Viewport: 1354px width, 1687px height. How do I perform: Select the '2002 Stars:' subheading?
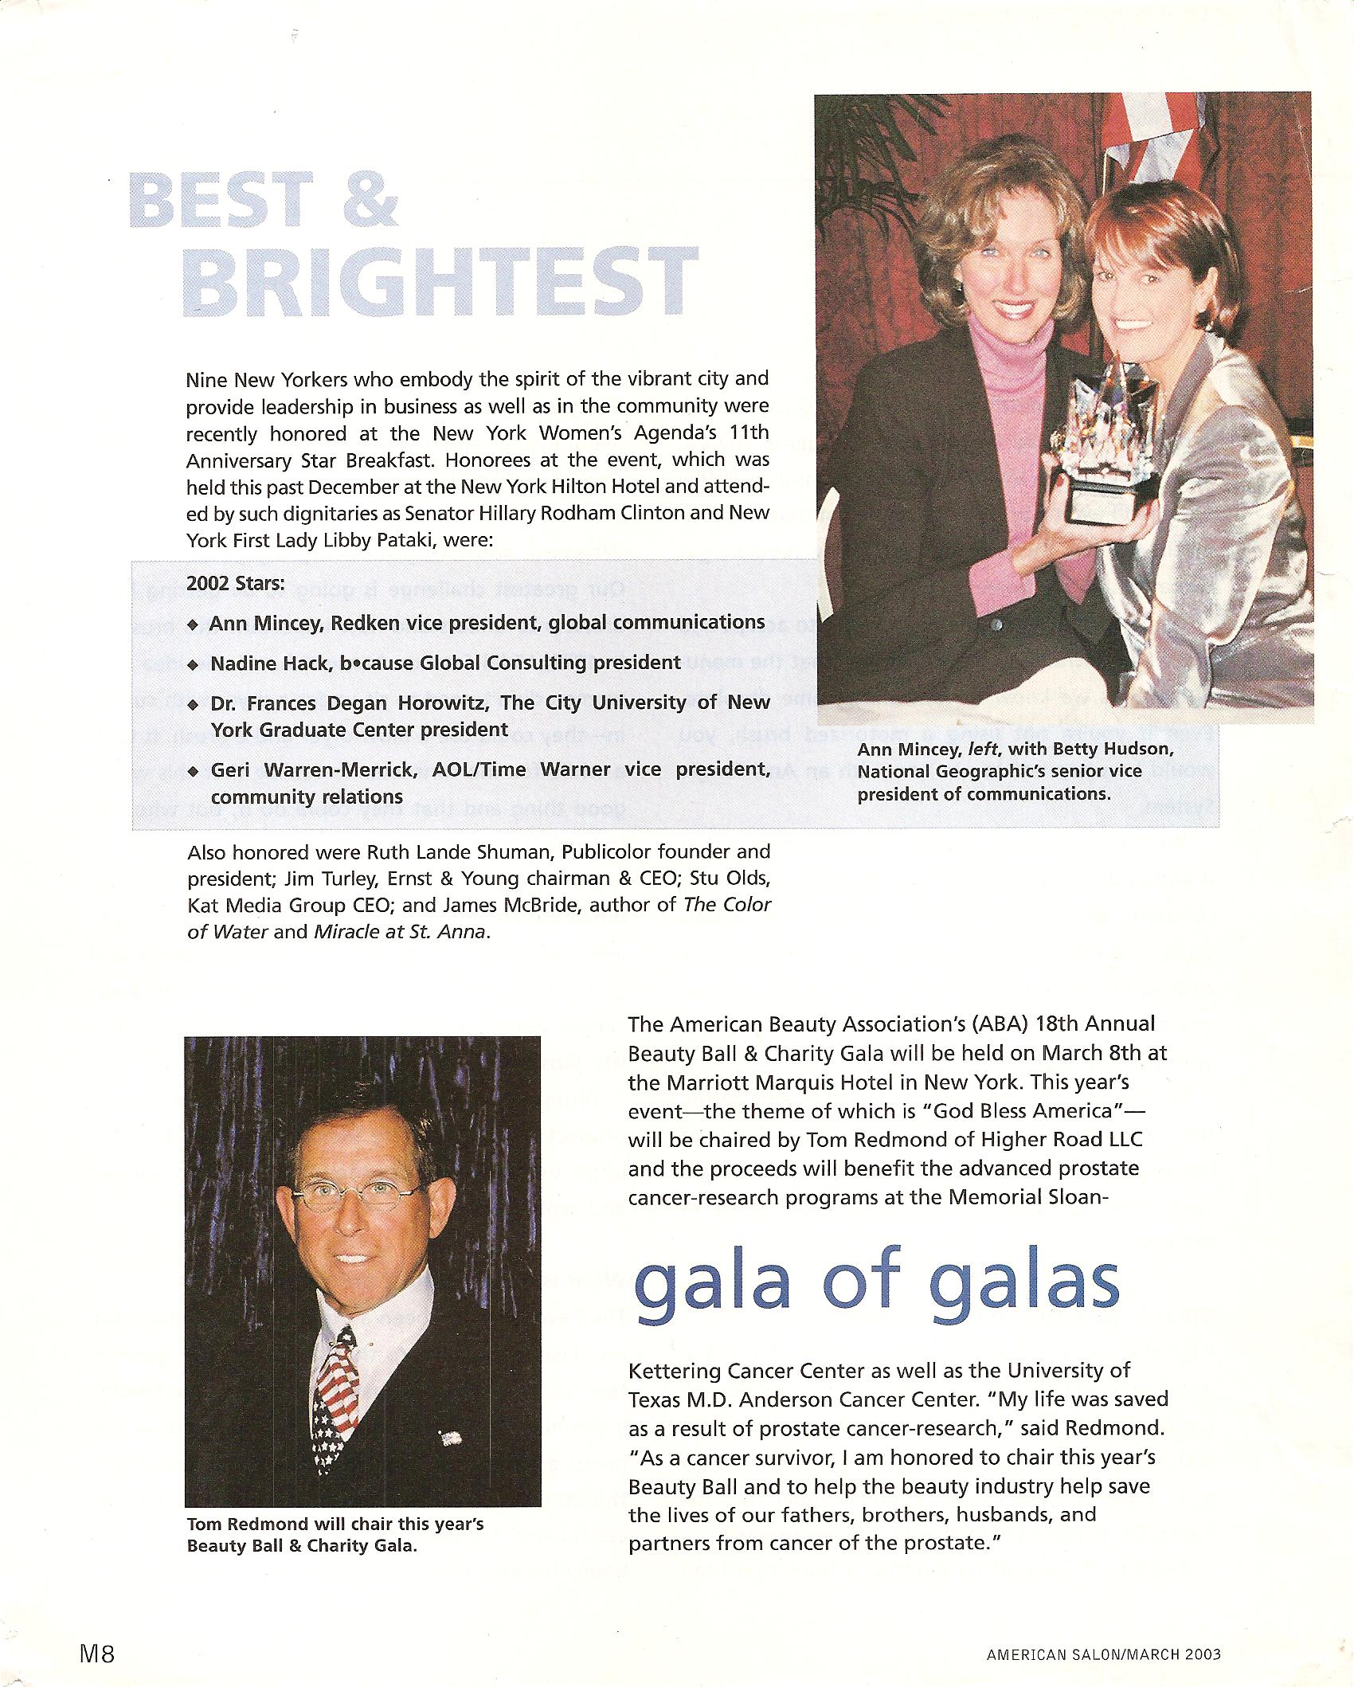[x=235, y=583]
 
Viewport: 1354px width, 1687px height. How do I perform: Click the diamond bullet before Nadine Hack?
[x=194, y=663]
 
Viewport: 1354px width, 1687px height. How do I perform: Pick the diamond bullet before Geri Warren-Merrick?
[x=194, y=771]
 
